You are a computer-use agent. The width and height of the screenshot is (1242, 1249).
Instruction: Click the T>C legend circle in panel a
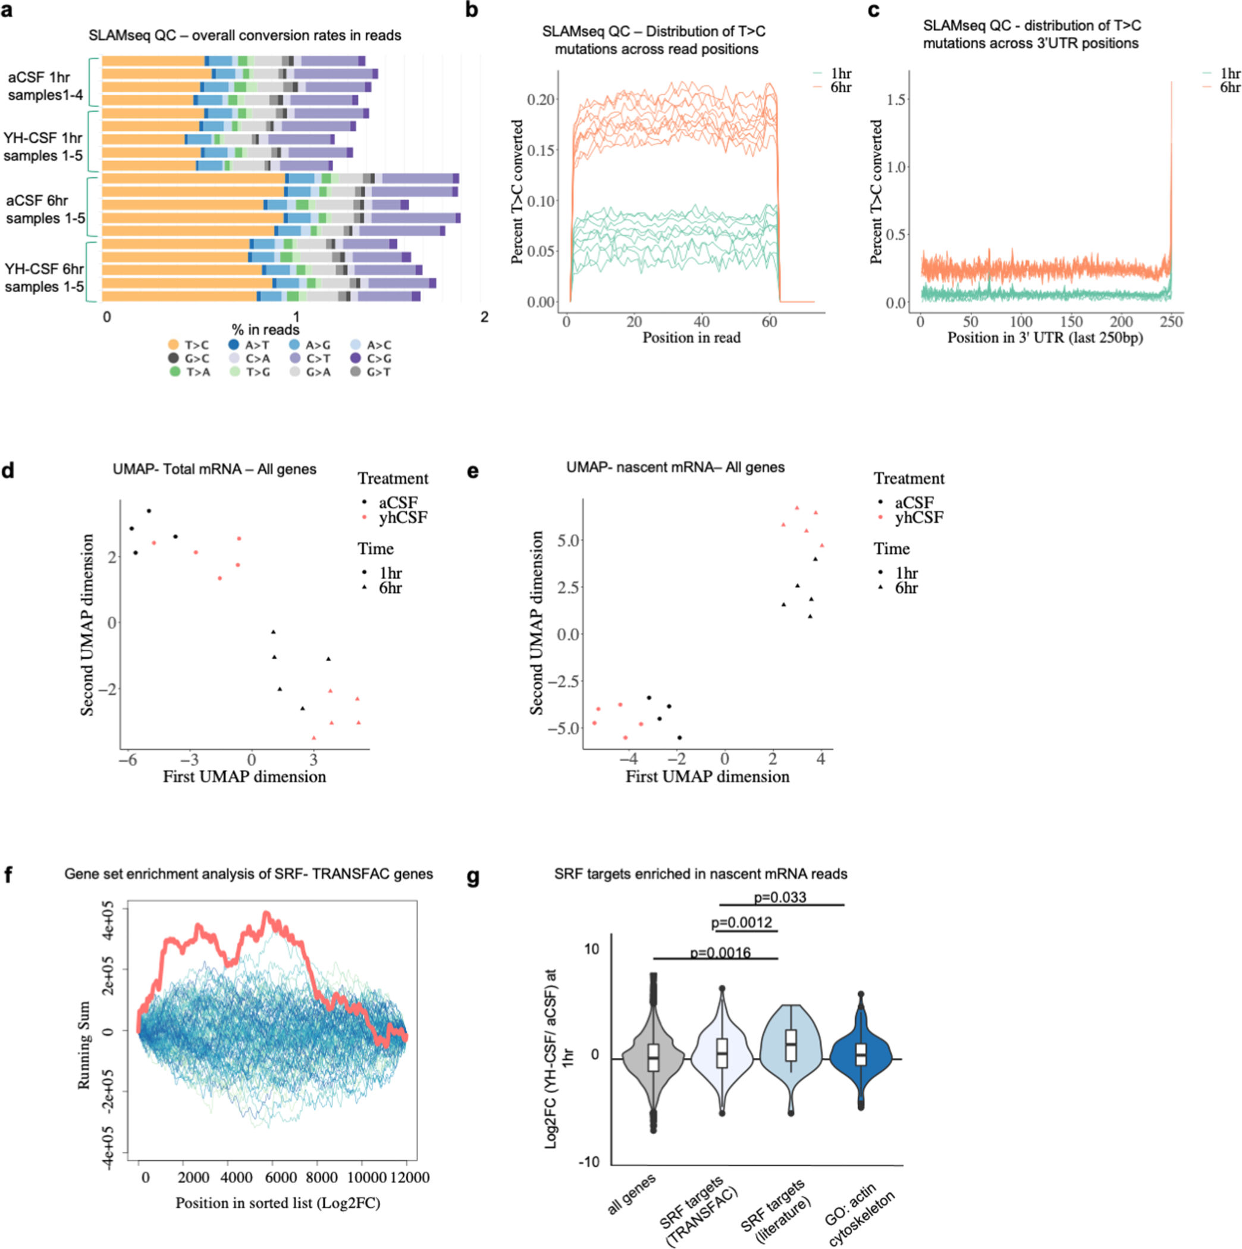point(174,345)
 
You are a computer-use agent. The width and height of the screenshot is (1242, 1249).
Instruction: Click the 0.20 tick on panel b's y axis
point(541,99)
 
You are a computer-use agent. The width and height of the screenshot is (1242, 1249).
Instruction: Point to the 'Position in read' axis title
point(691,337)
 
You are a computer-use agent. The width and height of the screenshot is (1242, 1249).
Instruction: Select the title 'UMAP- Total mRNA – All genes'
point(214,469)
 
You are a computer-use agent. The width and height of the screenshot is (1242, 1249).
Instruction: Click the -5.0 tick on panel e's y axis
point(560,728)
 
